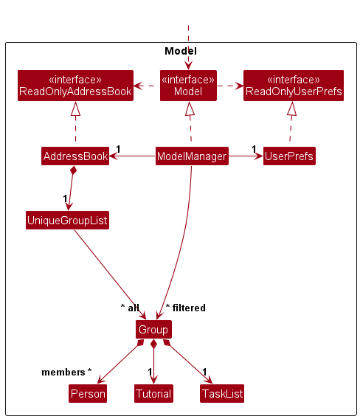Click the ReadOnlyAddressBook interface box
75,86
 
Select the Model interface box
188,86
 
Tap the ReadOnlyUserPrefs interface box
294,86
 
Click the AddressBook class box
75,156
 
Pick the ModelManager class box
191,156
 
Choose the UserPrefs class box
289,156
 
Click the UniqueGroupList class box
67,220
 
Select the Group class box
153,329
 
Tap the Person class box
88,394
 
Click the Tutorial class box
153,394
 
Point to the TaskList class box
221,394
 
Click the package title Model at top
180,51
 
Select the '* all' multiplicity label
130,308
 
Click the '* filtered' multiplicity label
185,308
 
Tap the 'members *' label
66,372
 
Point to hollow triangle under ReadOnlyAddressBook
75,108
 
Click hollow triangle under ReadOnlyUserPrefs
292,108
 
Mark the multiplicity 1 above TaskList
204,372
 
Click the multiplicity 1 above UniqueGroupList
65,198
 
